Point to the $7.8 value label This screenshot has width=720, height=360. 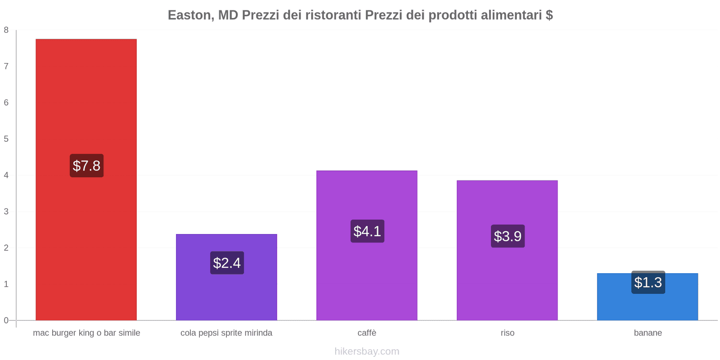pyautogui.click(x=86, y=166)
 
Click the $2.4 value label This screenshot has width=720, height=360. pyautogui.click(x=227, y=263)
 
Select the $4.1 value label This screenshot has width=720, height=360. pyautogui.click(x=367, y=231)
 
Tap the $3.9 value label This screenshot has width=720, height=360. pyautogui.click(x=508, y=236)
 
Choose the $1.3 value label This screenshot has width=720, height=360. pyautogui.click(x=648, y=283)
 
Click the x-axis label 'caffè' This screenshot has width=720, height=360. pyautogui.click(x=367, y=333)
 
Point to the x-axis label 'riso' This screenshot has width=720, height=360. pyautogui.click(x=508, y=333)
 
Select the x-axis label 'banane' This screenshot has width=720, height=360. pyautogui.click(x=648, y=333)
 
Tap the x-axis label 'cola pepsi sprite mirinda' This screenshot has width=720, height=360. pyautogui.click(x=226, y=333)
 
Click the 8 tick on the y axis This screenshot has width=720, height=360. pyautogui.click(x=6, y=30)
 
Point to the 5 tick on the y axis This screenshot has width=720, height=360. pyautogui.click(x=6, y=139)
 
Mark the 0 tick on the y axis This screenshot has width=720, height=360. pyautogui.click(x=6, y=320)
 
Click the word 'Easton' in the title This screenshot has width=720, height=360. pyautogui.click(x=189, y=15)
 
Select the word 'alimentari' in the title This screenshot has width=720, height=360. pyautogui.click(x=511, y=15)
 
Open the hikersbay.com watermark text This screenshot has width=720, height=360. pyautogui.click(x=367, y=351)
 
